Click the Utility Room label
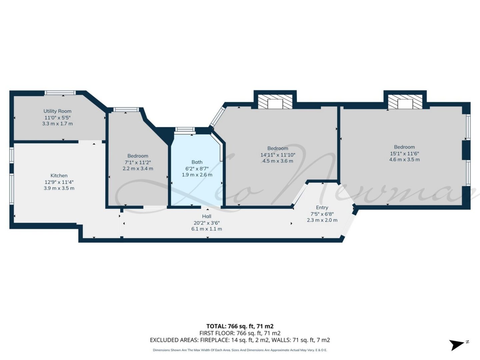pos(57,111)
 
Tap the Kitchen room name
pos(59,176)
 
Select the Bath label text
pos(197,162)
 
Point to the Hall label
pos(206,216)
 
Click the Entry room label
pos(322,207)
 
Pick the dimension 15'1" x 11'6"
pos(404,153)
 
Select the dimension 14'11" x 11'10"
pos(278,155)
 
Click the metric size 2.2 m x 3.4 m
pos(138,169)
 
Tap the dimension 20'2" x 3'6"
pos(206,223)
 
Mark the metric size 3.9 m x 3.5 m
pos(59,188)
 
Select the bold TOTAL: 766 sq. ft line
pos(240,326)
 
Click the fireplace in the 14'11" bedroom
pos(275,101)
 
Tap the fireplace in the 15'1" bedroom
pos(405,101)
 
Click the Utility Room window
pos(60,93)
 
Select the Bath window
pos(185,129)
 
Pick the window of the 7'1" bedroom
pos(126,110)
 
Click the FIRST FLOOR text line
pos(240,333)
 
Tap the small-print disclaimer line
pos(240,350)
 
